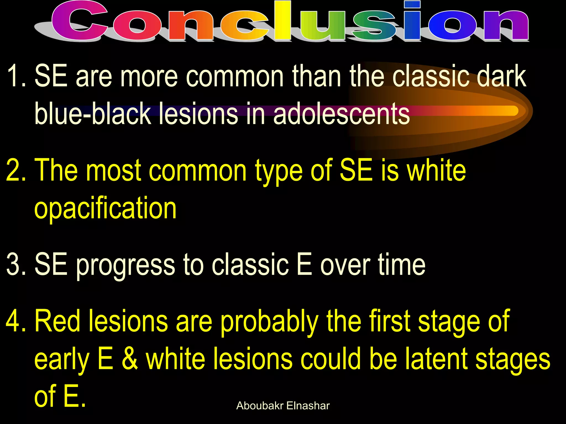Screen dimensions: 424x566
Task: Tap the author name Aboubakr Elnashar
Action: pyautogui.click(x=283, y=406)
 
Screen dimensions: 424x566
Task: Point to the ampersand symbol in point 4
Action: pyautogui.click(x=130, y=359)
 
